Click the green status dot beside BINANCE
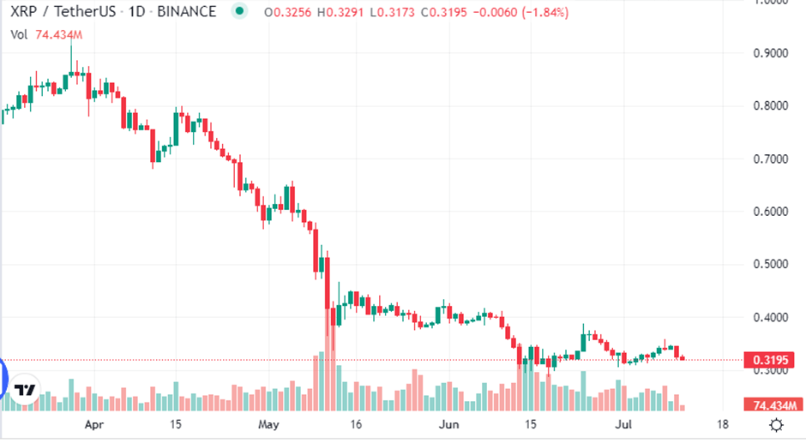[x=240, y=13]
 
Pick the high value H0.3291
[x=340, y=13]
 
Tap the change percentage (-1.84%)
[x=541, y=13]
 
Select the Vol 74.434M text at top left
[x=46, y=33]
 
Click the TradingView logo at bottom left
[x=27, y=390]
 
